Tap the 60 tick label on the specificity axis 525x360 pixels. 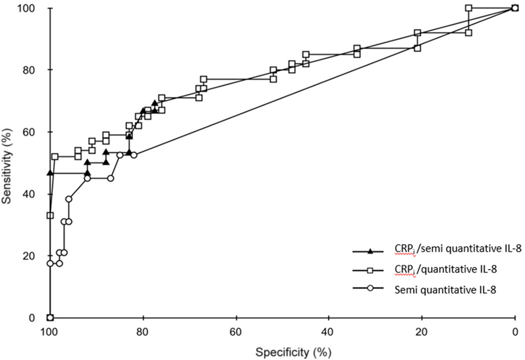click(x=236, y=332)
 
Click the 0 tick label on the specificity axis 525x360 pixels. click(x=515, y=332)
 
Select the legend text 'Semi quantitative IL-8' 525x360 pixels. click(x=445, y=290)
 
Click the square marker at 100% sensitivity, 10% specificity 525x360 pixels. click(x=469, y=8)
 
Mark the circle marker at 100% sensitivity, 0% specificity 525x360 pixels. click(x=515, y=8)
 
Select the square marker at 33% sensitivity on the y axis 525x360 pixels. click(x=50, y=215)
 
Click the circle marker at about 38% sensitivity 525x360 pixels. click(x=69, y=199)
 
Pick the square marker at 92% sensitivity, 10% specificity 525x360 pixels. click(x=469, y=33)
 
